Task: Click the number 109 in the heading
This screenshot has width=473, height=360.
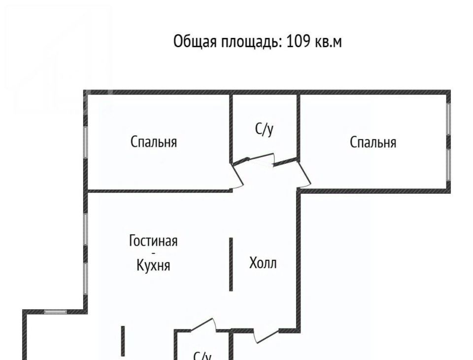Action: (298, 41)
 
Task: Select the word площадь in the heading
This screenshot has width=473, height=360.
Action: (251, 42)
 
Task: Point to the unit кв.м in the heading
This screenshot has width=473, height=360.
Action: (328, 42)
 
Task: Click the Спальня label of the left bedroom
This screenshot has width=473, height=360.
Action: (154, 142)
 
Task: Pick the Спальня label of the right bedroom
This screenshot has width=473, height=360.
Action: (373, 142)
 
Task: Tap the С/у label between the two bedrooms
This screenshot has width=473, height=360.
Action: (264, 129)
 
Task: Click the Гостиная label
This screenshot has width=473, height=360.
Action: (153, 241)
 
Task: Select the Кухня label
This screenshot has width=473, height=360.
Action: (153, 265)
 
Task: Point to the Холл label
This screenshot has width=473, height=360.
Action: (263, 263)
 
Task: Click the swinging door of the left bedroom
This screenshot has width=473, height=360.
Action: (237, 176)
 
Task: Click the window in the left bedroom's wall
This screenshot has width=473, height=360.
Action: (85, 142)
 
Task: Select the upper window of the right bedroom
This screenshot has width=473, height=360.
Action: (448, 119)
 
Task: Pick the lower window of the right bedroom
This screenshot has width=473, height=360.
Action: (448, 165)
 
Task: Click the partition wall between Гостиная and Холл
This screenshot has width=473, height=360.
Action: (231, 264)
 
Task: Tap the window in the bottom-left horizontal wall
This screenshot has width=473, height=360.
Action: (56, 312)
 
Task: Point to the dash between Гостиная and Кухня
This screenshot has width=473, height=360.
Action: (153, 253)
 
